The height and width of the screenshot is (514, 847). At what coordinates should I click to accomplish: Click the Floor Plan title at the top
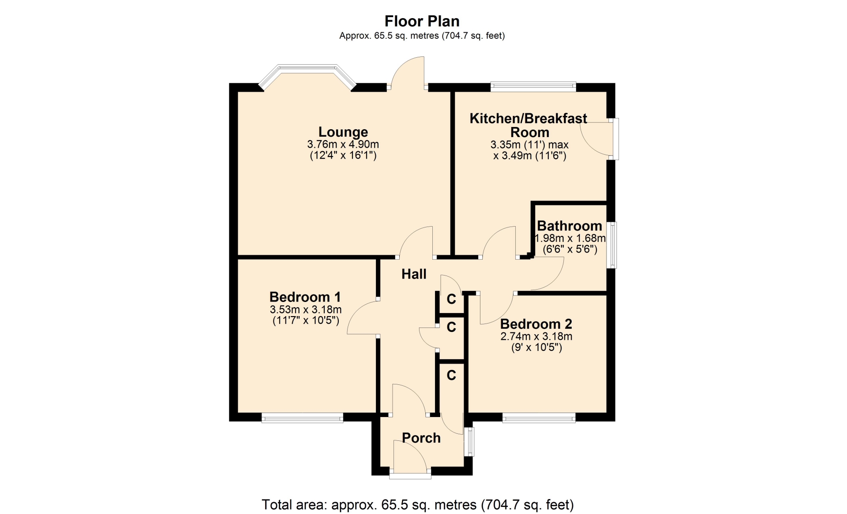point(422,21)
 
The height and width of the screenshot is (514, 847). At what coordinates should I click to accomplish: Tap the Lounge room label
point(343,132)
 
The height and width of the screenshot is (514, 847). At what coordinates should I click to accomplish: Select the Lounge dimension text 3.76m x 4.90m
point(343,144)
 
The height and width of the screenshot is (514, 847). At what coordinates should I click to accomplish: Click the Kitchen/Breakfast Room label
point(528,125)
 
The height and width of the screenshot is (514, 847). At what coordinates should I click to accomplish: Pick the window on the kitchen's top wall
point(533,86)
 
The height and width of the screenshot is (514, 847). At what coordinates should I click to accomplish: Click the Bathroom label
point(570,226)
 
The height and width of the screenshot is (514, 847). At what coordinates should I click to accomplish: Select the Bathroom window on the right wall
point(612,245)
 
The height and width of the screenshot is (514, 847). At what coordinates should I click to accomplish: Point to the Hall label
point(414,274)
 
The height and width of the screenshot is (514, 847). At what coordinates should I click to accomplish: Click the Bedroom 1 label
point(305,297)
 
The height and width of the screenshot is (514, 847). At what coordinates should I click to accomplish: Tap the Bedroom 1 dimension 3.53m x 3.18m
point(306,309)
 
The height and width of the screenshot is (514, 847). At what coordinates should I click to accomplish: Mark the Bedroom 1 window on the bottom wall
point(302,417)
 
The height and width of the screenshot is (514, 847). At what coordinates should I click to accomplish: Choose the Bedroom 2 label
point(536,324)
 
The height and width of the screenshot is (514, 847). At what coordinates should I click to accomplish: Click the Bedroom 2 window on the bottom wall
point(539,417)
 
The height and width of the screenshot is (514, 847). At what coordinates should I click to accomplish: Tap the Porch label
point(421,438)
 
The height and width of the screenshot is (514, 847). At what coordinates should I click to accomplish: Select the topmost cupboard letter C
point(451,299)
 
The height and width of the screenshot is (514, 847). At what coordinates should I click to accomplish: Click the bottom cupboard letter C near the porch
point(451,375)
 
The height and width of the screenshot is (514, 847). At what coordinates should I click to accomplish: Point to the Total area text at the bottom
point(418,504)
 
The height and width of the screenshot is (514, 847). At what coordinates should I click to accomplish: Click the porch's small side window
point(469,442)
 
